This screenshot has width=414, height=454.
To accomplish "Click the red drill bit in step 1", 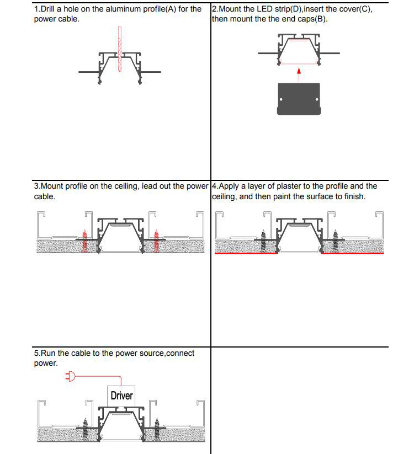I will [119, 50].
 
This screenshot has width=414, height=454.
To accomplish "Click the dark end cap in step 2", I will [298, 99].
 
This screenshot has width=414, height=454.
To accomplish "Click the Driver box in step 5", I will [121, 396].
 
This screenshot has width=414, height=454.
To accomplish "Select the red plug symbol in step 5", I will [70, 377].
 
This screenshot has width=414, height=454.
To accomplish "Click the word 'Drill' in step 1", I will [51, 9].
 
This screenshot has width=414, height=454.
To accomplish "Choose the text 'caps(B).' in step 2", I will [312, 19].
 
